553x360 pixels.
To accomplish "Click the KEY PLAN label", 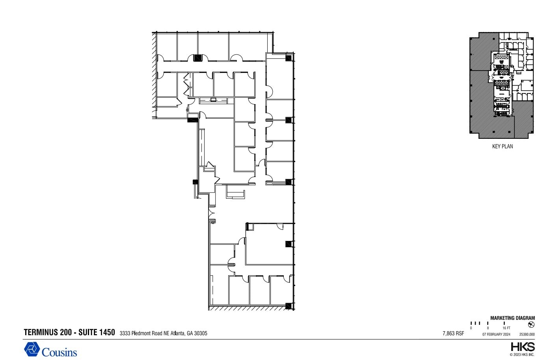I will click(x=503, y=146).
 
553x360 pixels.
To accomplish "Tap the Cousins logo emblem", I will click(x=32, y=349).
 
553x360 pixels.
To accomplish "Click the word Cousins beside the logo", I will click(x=60, y=352).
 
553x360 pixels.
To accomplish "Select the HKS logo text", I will click(x=523, y=347).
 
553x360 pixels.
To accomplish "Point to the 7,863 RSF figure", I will click(x=453, y=333).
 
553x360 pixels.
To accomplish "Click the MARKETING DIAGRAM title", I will click(x=512, y=318).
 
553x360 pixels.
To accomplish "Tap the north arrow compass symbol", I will click(x=531, y=325).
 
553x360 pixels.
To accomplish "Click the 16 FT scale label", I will click(x=506, y=328).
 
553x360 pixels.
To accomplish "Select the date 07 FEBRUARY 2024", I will click(x=496, y=334).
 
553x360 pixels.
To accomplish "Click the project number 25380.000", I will click(x=527, y=334).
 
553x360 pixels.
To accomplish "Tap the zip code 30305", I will click(x=200, y=333).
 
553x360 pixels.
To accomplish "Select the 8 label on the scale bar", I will click(x=488, y=328).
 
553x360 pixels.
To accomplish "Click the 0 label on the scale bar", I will click(x=471, y=328).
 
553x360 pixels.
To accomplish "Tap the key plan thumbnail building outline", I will click(x=502, y=85).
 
